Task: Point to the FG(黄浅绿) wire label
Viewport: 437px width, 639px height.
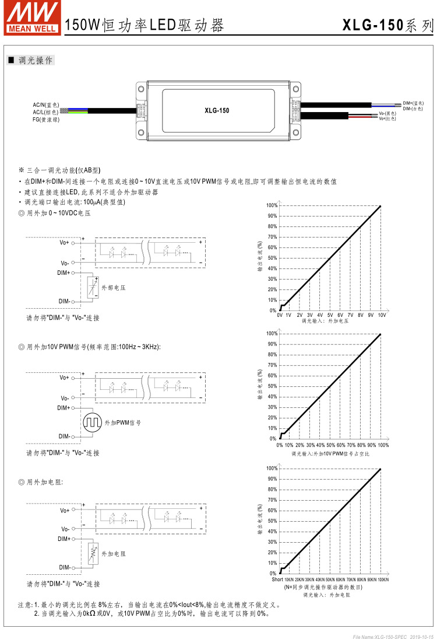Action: pyautogui.click(x=45, y=119)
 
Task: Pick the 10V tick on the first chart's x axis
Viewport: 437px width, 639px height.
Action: pyautogui.click(x=382, y=315)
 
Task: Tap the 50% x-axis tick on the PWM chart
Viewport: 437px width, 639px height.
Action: pyautogui.click(x=330, y=445)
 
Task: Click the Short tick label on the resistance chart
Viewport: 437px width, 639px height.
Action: pyautogui.click(x=277, y=579)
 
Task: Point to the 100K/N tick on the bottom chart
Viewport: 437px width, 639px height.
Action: pyautogui.click(x=382, y=579)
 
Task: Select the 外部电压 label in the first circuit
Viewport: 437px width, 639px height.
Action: pyautogui.click(x=114, y=288)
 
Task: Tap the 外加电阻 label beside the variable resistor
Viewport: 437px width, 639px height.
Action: pyautogui.click(x=114, y=553)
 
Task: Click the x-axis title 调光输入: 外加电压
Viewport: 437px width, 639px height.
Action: pyautogui.click(x=325, y=322)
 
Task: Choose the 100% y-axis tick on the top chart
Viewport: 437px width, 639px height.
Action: pyautogui.click(x=272, y=205)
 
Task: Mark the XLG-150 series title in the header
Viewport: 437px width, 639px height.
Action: pyautogui.click(x=388, y=25)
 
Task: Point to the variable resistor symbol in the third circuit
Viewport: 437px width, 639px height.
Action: pyautogui.click(x=91, y=553)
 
